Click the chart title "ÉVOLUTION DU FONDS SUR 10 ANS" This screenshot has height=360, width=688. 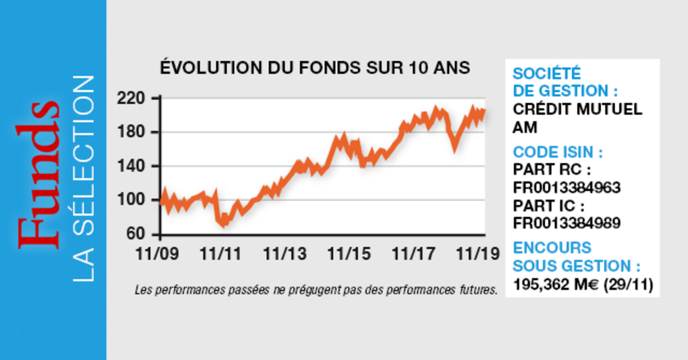[314, 68]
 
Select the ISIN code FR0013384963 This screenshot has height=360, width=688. [567, 188]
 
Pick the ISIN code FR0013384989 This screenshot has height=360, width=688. [567, 223]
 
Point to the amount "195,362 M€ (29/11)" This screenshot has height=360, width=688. [583, 284]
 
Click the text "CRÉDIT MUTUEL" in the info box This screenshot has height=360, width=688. [577, 109]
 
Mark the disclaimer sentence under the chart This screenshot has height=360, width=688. [316, 290]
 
